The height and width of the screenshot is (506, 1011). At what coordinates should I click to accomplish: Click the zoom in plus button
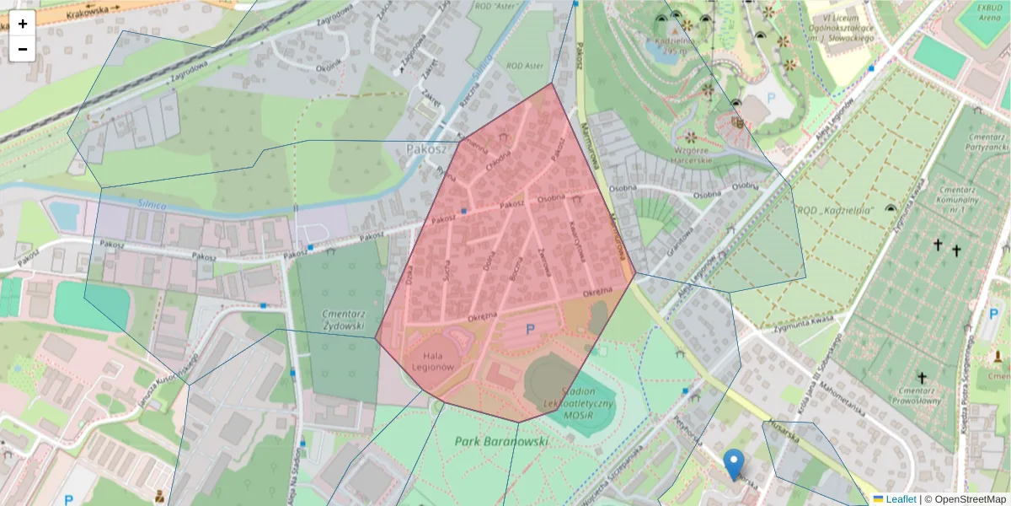tap(23, 24)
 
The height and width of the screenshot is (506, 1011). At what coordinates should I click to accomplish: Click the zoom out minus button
tap(23, 49)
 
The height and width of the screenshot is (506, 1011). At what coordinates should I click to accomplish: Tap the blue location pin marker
tap(734, 465)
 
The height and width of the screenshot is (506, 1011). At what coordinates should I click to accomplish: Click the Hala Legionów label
tap(434, 361)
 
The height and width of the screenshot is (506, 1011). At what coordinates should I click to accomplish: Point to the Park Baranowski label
tap(501, 441)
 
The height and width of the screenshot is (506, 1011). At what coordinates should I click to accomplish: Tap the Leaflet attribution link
tap(900, 499)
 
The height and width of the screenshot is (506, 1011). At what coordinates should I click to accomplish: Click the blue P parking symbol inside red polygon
tap(530, 330)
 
